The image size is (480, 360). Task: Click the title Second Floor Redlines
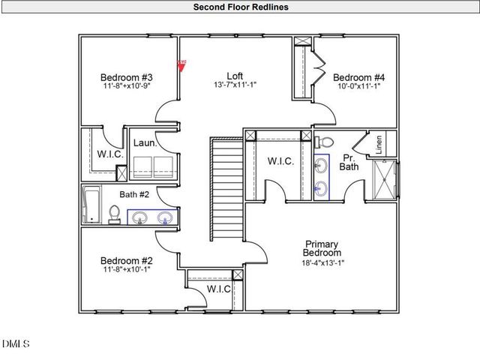[240, 7]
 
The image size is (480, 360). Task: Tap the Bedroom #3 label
[127, 77]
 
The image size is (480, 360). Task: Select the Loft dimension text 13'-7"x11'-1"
[235, 85]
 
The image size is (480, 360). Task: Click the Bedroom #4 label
[358, 77]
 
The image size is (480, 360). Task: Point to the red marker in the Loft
[181, 64]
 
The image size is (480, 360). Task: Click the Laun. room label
[144, 142]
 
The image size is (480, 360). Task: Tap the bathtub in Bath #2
[91, 205]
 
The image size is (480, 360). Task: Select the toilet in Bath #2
[115, 214]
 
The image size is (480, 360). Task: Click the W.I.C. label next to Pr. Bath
[280, 162]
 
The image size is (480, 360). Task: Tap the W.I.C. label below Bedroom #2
[218, 289]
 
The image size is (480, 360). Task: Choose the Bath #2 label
[134, 195]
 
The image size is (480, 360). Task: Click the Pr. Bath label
[348, 162]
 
